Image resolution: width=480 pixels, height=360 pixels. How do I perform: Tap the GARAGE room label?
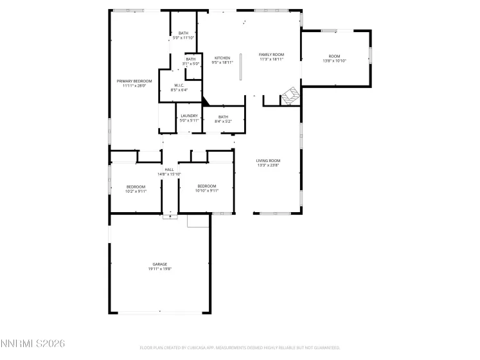[160, 264]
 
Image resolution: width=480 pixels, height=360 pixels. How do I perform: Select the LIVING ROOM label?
[268, 161]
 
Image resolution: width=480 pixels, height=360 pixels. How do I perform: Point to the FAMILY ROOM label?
[271, 55]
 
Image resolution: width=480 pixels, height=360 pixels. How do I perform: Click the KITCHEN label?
[222, 58]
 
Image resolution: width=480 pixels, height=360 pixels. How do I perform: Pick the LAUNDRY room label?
[189, 116]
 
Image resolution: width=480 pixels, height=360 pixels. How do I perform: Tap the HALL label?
[170, 170]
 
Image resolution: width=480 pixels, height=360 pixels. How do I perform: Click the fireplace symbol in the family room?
[290, 96]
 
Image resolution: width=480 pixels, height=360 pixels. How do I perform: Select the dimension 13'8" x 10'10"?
[334, 61]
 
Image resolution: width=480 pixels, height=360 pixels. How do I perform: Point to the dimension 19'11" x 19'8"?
[160, 269]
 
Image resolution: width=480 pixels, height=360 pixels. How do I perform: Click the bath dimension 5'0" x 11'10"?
[184, 38]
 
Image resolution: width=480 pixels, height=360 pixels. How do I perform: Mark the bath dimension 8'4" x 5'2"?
[223, 121]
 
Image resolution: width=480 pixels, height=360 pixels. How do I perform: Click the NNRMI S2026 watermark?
[33, 345]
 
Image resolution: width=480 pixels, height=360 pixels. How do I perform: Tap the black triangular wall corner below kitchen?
[205, 101]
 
